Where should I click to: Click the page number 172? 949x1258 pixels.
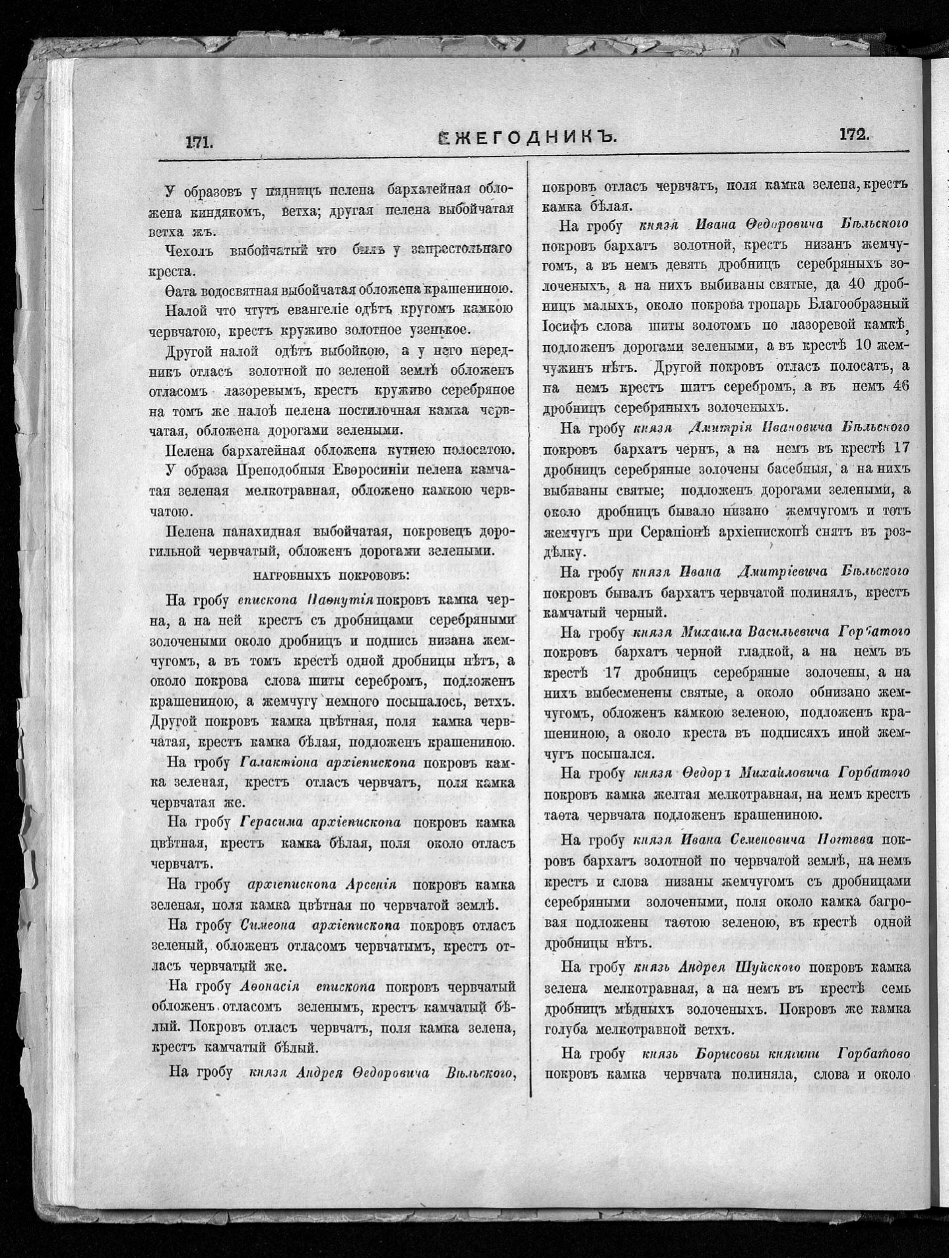click(x=853, y=134)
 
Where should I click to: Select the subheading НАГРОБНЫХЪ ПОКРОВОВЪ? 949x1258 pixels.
click(x=331, y=575)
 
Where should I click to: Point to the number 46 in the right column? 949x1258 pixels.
click(x=900, y=387)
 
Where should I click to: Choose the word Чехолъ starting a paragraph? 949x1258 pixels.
click(x=188, y=251)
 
